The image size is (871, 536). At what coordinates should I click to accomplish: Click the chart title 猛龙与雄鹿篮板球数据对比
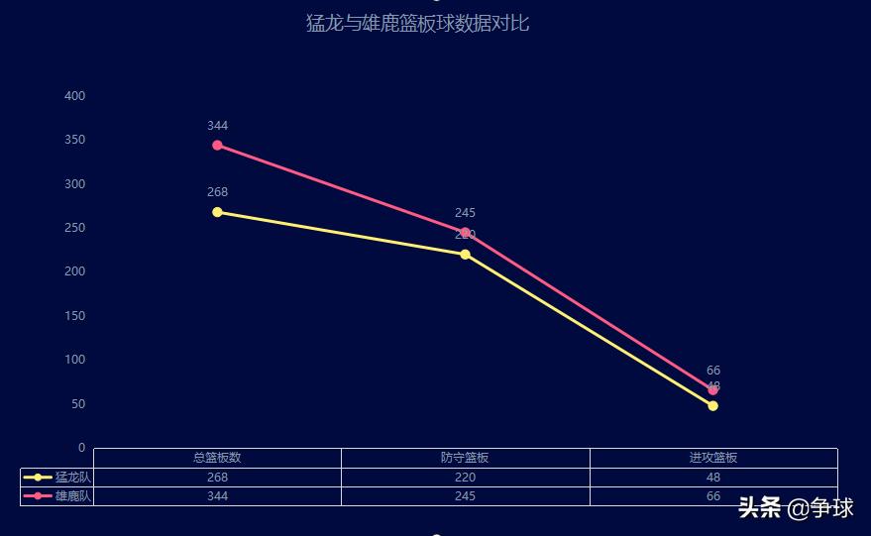tap(417, 23)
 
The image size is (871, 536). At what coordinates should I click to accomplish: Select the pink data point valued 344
tap(217, 146)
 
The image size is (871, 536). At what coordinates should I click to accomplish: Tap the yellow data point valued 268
tap(217, 212)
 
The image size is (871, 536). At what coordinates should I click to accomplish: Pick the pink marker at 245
tap(465, 233)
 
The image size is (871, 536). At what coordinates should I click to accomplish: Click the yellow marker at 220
tap(465, 255)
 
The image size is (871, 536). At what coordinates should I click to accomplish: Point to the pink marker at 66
tap(712, 389)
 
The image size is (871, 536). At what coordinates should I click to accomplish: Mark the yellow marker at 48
tap(712, 405)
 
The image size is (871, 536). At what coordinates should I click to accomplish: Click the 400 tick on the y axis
tap(75, 96)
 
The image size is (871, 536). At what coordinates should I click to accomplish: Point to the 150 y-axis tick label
tap(75, 316)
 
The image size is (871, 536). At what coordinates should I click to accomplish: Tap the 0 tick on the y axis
tap(81, 448)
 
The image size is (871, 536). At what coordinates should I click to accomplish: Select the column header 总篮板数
tap(217, 458)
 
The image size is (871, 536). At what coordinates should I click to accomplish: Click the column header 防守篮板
tap(465, 458)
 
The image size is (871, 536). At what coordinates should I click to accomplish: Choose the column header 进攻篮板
tap(713, 458)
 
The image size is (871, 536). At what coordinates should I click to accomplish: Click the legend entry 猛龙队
tap(57, 478)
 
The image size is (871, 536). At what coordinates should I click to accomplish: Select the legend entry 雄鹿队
tap(57, 496)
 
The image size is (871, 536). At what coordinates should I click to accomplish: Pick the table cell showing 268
tap(217, 478)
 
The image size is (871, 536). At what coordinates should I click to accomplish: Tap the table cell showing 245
tap(465, 496)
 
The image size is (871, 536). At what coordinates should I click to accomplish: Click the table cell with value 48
tap(713, 478)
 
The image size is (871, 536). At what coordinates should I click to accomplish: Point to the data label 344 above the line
tap(218, 126)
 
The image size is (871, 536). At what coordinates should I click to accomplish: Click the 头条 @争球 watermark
tap(795, 509)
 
